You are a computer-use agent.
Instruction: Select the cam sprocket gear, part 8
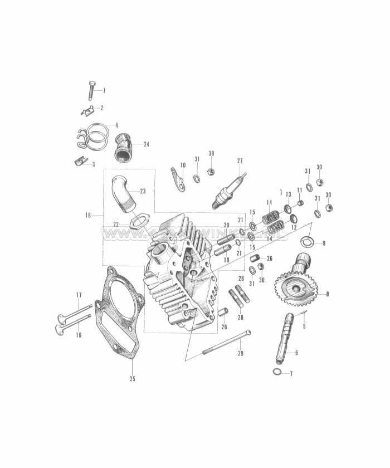295,286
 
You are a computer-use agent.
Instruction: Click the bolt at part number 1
91,90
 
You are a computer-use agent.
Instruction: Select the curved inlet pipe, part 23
126,193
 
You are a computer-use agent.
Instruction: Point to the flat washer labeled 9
306,242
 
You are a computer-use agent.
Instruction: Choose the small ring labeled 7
277,372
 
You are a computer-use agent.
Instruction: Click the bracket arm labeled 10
178,178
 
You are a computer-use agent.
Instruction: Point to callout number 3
93,164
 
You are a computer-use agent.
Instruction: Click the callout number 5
304,326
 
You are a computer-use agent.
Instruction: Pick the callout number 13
288,194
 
